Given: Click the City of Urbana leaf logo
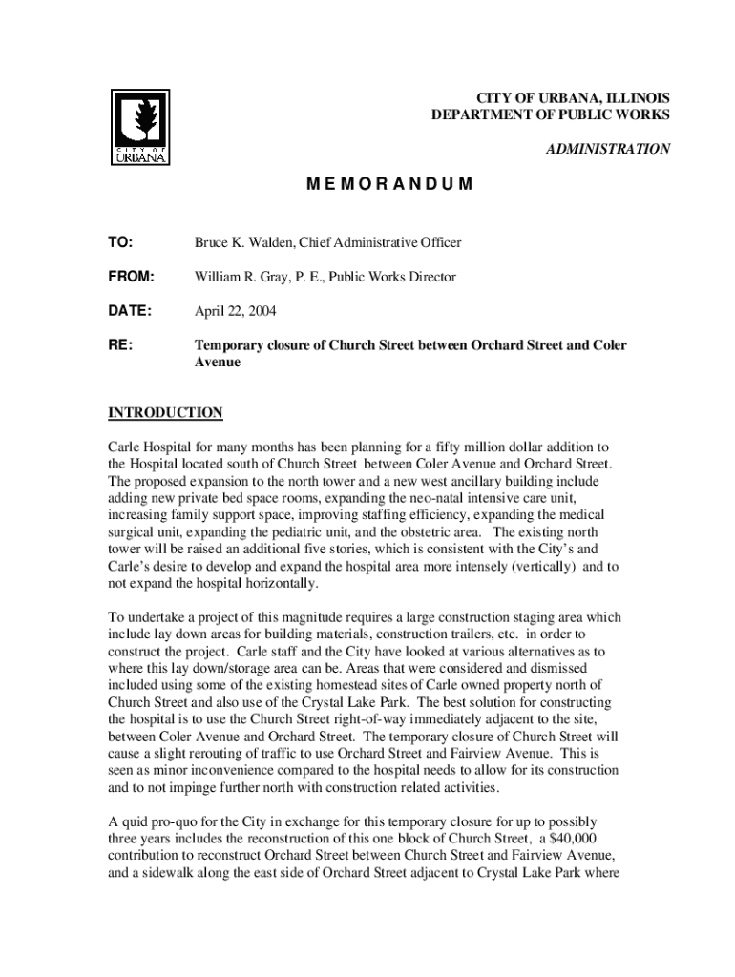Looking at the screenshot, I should (140, 126).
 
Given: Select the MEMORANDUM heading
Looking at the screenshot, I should (389, 184).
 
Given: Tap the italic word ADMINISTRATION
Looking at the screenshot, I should (607, 149).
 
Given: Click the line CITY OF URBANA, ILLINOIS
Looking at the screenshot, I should (572, 98).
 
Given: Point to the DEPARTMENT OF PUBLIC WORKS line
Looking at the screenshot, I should (551, 115).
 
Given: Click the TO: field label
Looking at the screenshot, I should (120, 242).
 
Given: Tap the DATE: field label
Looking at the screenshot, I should (130, 311).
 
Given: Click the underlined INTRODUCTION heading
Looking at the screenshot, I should (165, 412).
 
